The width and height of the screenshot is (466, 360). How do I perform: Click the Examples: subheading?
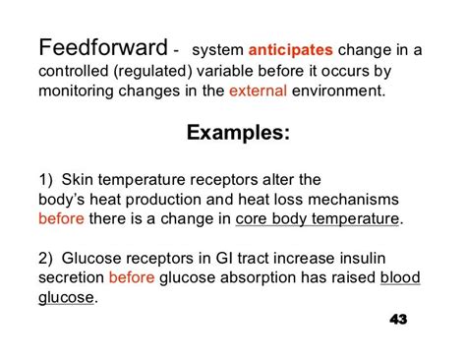pyautogui.click(x=234, y=132)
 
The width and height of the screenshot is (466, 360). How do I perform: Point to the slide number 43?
pyautogui.click(x=398, y=320)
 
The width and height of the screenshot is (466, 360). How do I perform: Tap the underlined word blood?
pyautogui.click(x=400, y=278)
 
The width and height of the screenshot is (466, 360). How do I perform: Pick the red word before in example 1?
pyautogui.click(x=61, y=218)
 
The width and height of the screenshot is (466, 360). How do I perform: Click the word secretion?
pyautogui.click(x=71, y=278)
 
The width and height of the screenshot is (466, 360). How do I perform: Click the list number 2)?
pyautogui.click(x=48, y=258)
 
